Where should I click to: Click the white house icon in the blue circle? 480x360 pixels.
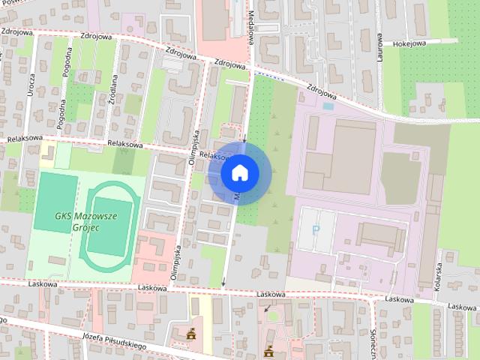click(239, 172)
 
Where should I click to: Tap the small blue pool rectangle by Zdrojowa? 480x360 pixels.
click(328, 106)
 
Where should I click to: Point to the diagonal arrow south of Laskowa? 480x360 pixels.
click(266, 307)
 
